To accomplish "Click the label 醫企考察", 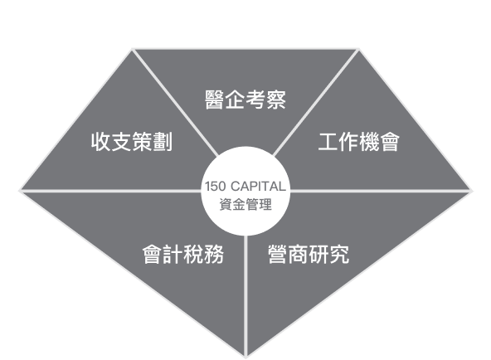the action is pyautogui.click(x=245, y=100).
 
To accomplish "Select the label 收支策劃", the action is pyautogui.click(x=132, y=142).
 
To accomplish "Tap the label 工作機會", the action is pyautogui.click(x=359, y=142).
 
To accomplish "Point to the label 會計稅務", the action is pyautogui.click(x=183, y=254).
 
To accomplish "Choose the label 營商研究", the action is pyautogui.click(x=309, y=254).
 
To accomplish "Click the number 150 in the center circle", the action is pyautogui.click(x=215, y=187).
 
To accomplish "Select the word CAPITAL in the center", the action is pyautogui.click(x=258, y=187).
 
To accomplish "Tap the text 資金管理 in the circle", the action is pyautogui.click(x=245, y=204).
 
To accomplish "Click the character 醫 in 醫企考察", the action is pyautogui.click(x=215, y=100).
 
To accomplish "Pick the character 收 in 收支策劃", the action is pyautogui.click(x=101, y=142).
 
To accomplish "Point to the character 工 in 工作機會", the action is pyautogui.click(x=328, y=142).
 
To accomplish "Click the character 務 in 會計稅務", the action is pyautogui.click(x=214, y=254).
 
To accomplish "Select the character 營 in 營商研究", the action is pyautogui.click(x=278, y=254).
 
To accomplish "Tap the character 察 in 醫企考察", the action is pyautogui.click(x=276, y=100).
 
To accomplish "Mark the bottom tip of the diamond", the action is pyautogui.click(x=245, y=358).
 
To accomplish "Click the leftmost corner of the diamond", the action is pyautogui.click(x=19, y=190).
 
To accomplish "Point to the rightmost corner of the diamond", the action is pyautogui.click(x=472, y=190).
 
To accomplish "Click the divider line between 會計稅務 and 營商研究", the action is pyautogui.click(x=245, y=296).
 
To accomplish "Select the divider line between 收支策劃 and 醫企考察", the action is pyautogui.click(x=175, y=102).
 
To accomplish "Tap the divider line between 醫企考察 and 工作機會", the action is pyautogui.click(x=316, y=102).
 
